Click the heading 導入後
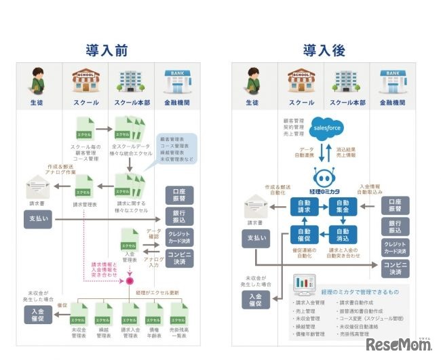coord(323,50)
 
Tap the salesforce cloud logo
coord(327,127)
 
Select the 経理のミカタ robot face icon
coord(324,178)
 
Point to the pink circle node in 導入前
coord(128,281)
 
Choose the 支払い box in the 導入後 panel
coord(255,239)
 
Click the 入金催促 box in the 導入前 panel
coord(38,315)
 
